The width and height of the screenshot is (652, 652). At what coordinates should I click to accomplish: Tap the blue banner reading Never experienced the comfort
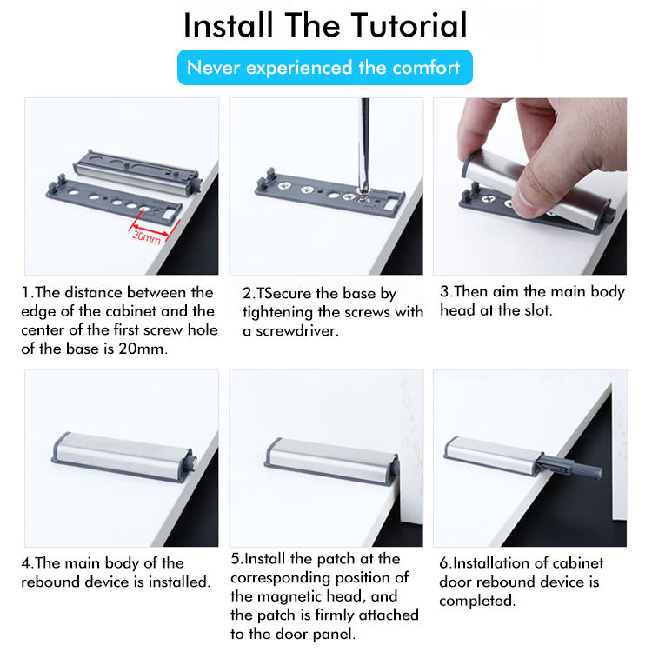[325, 67]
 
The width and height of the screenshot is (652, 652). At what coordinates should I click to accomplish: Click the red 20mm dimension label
[146, 237]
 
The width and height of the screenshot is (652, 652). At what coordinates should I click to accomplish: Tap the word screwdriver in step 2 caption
[297, 331]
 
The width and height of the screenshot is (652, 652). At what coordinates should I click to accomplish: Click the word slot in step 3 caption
[537, 310]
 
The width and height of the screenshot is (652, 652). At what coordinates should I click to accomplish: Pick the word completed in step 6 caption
[477, 601]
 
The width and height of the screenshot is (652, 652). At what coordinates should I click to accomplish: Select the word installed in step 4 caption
[179, 582]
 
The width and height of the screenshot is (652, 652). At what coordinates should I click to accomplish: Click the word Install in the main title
[229, 25]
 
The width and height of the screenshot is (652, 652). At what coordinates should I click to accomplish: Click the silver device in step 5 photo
[332, 460]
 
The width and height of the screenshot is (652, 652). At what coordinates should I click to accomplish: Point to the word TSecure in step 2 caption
[283, 294]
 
